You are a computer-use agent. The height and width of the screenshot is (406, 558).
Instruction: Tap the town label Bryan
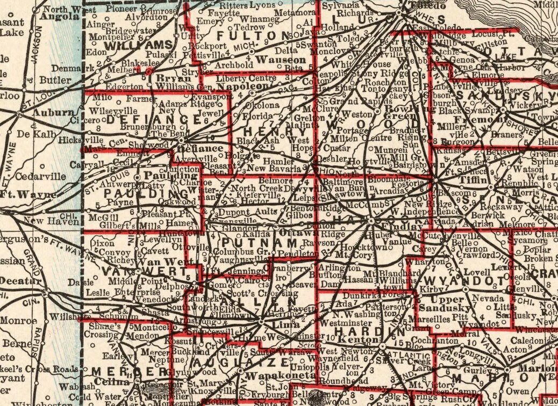(166, 78)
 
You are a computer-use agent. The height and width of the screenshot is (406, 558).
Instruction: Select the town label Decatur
(20, 281)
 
